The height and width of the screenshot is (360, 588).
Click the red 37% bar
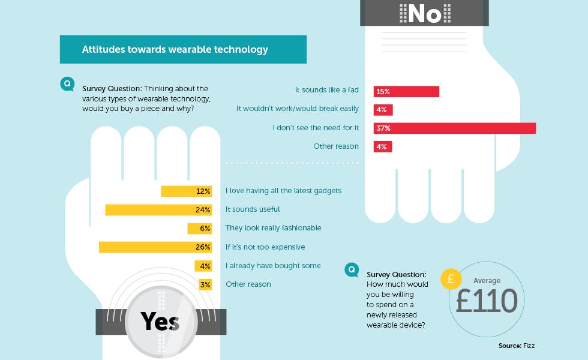coord(455,128)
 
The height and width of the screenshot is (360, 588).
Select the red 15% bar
coord(406,91)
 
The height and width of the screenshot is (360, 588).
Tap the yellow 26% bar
coord(155,247)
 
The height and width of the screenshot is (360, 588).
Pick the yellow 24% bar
coord(158,210)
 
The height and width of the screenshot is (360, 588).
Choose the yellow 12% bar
coord(187,191)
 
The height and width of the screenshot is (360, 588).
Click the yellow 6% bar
coord(199,229)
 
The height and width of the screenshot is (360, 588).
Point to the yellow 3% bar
coord(205,284)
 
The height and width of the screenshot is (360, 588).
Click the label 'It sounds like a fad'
coord(326,90)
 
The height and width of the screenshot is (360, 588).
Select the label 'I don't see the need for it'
coord(316,128)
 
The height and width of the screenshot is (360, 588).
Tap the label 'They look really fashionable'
coord(274,228)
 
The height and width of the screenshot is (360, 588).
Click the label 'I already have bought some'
coord(273,266)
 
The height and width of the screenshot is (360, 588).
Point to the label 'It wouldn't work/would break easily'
coord(298,109)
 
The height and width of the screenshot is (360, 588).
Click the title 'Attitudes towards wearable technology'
coord(175,49)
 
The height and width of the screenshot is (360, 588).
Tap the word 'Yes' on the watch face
coord(160,322)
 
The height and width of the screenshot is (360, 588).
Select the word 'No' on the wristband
coord(425,14)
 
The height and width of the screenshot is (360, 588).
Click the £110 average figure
coord(487,301)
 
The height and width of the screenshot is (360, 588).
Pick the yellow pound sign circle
coord(451,279)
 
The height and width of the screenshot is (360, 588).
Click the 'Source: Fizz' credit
coord(517,346)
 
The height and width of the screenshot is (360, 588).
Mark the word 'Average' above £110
coord(487,281)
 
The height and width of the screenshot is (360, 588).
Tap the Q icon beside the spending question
coord(352,269)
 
